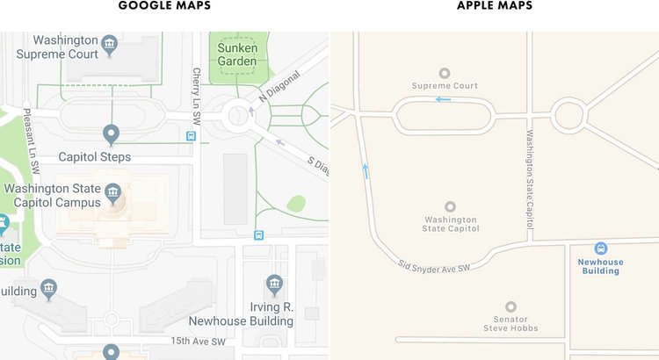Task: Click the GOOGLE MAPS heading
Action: [164, 6]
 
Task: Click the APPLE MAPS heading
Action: [494, 6]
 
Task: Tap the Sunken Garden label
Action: [237, 54]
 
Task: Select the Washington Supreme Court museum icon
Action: [110, 42]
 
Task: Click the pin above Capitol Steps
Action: [111, 134]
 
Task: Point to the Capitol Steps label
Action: [94, 157]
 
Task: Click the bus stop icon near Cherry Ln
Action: [191, 136]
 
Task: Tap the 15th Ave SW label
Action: [199, 341]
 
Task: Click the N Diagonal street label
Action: [279, 86]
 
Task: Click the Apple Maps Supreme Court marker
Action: [445, 73]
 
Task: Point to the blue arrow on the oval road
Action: [444, 99]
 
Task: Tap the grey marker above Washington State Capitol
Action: [452, 206]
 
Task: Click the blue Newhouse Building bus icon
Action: [601, 248]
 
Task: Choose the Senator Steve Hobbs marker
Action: [511, 308]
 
